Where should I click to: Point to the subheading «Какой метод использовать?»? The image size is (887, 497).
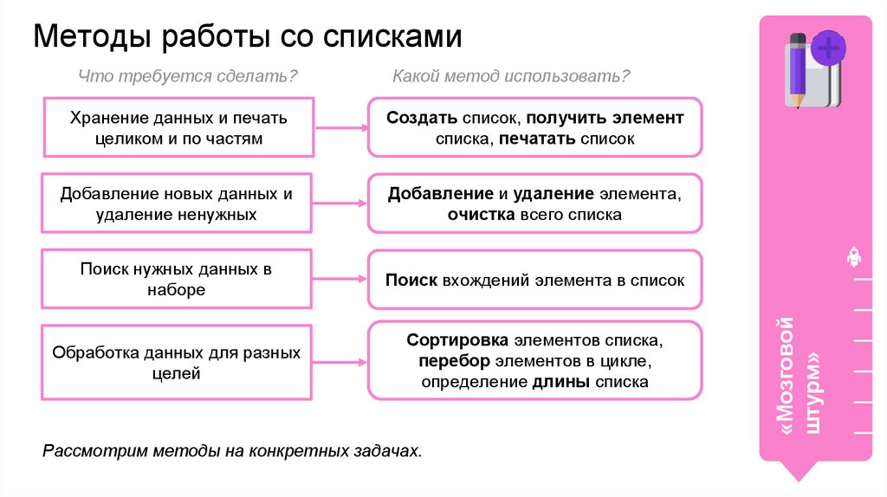click(x=510, y=77)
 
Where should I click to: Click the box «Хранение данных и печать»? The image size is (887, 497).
click(x=178, y=127)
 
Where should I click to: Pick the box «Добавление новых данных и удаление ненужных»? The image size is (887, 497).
click(x=178, y=203)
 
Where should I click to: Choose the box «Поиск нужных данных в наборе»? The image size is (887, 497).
click(x=178, y=280)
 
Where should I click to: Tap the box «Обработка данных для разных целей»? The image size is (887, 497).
click(x=178, y=363)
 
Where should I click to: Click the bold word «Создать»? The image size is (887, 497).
click(x=421, y=118)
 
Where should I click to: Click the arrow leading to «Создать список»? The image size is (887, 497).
click(x=340, y=127)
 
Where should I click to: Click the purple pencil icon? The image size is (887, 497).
click(x=796, y=70)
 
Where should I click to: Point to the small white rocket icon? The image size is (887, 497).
click(x=852, y=256)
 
